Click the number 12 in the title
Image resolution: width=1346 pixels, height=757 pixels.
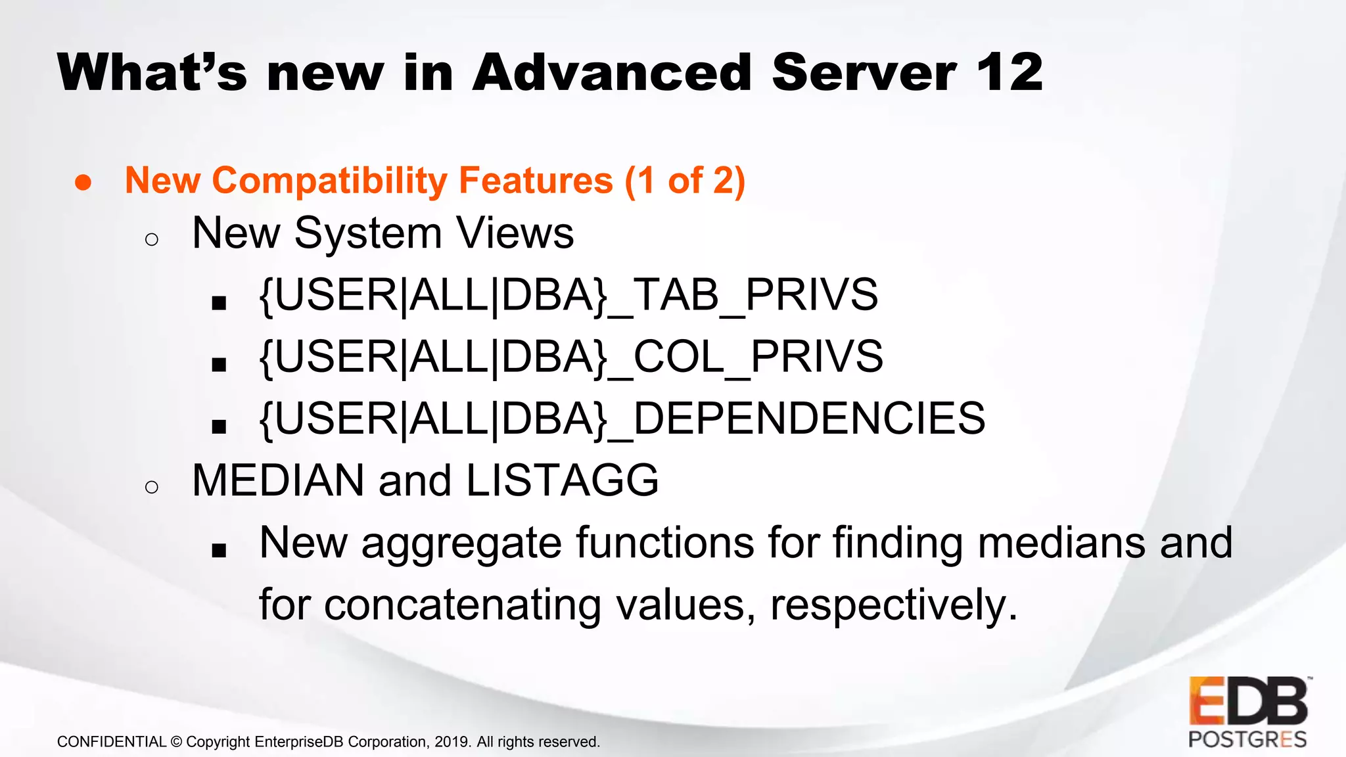point(1009,72)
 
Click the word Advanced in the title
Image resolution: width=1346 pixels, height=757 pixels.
point(611,72)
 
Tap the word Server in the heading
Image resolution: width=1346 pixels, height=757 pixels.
point(864,72)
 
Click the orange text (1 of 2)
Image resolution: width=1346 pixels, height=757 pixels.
point(685,181)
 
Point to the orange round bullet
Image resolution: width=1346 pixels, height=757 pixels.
point(83,183)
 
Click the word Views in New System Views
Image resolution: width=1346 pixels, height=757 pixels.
point(515,233)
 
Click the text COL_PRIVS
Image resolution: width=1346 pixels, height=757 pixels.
point(758,357)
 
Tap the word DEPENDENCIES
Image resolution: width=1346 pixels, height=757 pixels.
point(808,419)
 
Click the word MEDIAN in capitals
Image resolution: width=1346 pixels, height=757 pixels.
point(278,480)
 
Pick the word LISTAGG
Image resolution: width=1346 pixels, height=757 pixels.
point(562,480)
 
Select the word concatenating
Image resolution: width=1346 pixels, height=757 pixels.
point(463,605)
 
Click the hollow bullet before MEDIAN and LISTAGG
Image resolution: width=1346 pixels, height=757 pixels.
point(152,487)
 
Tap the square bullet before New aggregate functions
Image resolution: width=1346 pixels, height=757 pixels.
point(219,551)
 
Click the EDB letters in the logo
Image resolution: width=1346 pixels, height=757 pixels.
point(1247,700)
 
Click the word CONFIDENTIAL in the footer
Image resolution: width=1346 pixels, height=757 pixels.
point(112,742)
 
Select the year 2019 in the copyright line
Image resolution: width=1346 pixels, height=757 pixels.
point(452,742)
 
